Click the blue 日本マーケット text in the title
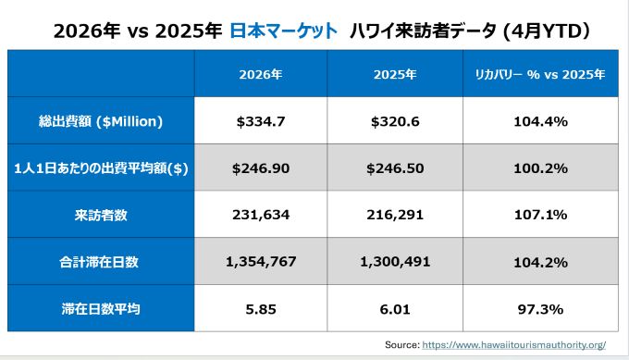(284, 31)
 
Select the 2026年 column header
(261, 74)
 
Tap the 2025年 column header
(395, 74)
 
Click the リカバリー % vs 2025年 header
(540, 74)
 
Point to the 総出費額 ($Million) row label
(101, 121)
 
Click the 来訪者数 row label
(101, 215)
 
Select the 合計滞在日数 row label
(99, 262)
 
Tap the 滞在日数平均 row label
(101, 309)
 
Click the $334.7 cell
(261, 121)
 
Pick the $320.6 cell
(395, 121)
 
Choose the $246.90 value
(261, 168)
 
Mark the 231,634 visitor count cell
(261, 215)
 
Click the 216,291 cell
(395, 215)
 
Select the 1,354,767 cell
(261, 262)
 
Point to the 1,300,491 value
(395, 262)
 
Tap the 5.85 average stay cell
(261, 309)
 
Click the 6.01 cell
(395, 309)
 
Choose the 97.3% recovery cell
(540, 309)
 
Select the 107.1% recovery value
(540, 215)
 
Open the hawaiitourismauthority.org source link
(514, 345)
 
